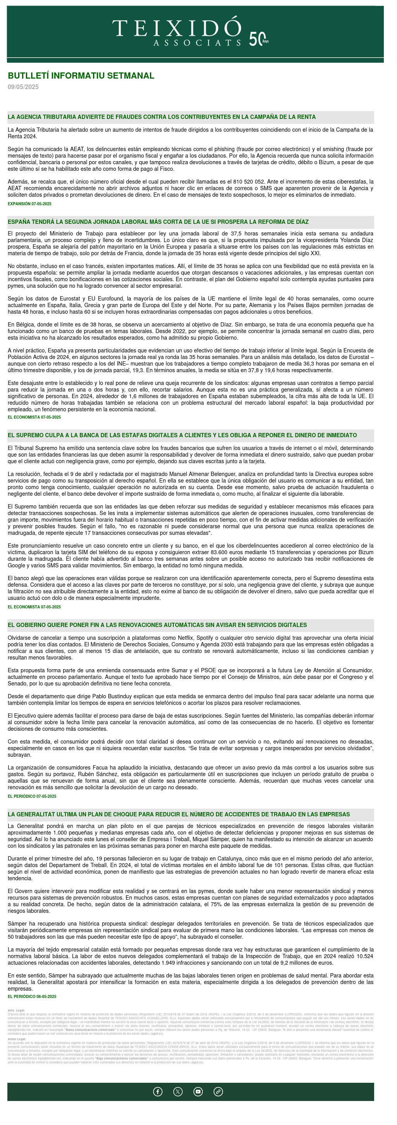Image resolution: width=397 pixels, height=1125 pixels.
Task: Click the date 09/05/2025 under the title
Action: (23, 87)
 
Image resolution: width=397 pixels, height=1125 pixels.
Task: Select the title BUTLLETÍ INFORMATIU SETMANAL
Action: (81, 76)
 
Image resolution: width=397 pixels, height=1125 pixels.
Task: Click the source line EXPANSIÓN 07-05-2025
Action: (29, 204)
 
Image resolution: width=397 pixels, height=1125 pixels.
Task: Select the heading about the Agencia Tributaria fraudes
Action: (161, 117)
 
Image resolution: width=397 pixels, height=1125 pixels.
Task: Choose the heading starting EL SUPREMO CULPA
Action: (182, 435)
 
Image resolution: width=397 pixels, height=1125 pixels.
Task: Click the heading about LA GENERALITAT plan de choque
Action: (178, 814)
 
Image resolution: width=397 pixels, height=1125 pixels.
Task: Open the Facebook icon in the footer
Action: (158, 1092)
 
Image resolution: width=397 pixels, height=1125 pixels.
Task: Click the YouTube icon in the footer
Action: (198, 1092)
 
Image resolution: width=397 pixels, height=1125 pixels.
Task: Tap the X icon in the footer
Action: (178, 1092)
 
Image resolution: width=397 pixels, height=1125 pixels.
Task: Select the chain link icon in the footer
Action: (218, 1092)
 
